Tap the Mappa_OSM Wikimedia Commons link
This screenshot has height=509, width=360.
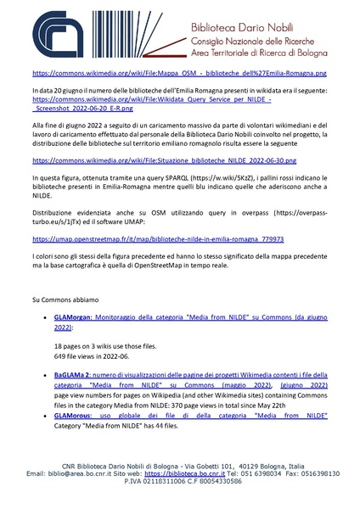(179, 74)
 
